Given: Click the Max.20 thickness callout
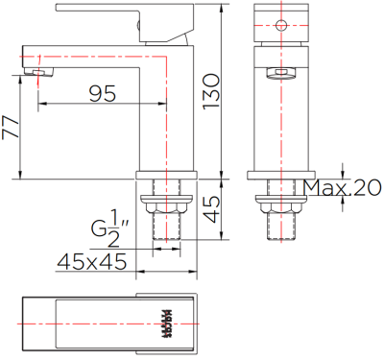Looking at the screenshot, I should [341, 188].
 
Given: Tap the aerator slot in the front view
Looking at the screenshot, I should [282, 73].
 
